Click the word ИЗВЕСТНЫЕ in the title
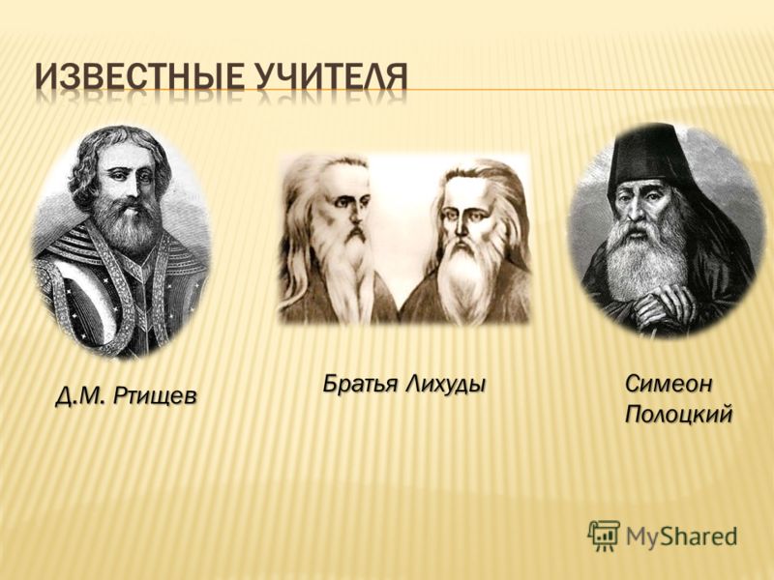(138, 77)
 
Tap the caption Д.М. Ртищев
(126, 395)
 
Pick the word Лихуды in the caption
(445, 383)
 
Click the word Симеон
(669, 383)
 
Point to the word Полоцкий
(678, 415)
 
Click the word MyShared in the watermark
(681, 536)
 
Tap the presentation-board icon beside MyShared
(603, 536)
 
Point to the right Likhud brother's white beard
(464, 276)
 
